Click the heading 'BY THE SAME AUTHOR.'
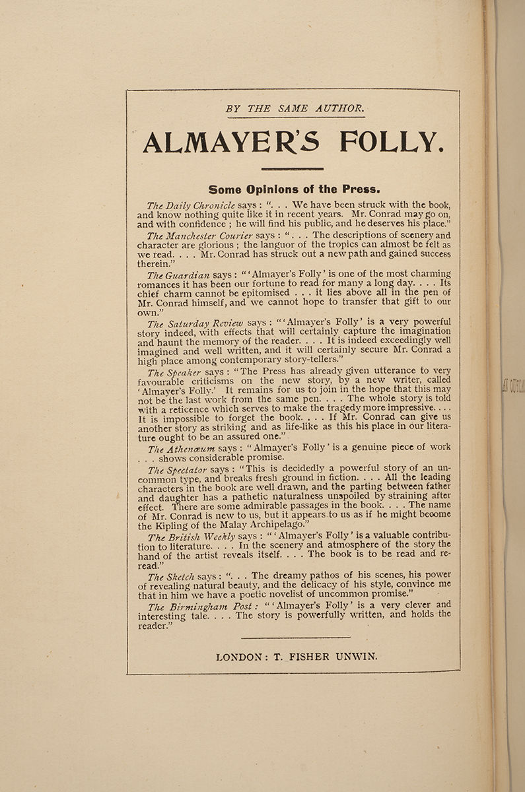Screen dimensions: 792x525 click(295, 108)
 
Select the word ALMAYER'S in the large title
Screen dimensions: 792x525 click(230, 143)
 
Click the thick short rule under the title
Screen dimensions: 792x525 click(292, 169)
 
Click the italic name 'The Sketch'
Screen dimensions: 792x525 click(171, 576)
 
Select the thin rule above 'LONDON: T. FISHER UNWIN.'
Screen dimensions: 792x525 click(295, 638)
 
